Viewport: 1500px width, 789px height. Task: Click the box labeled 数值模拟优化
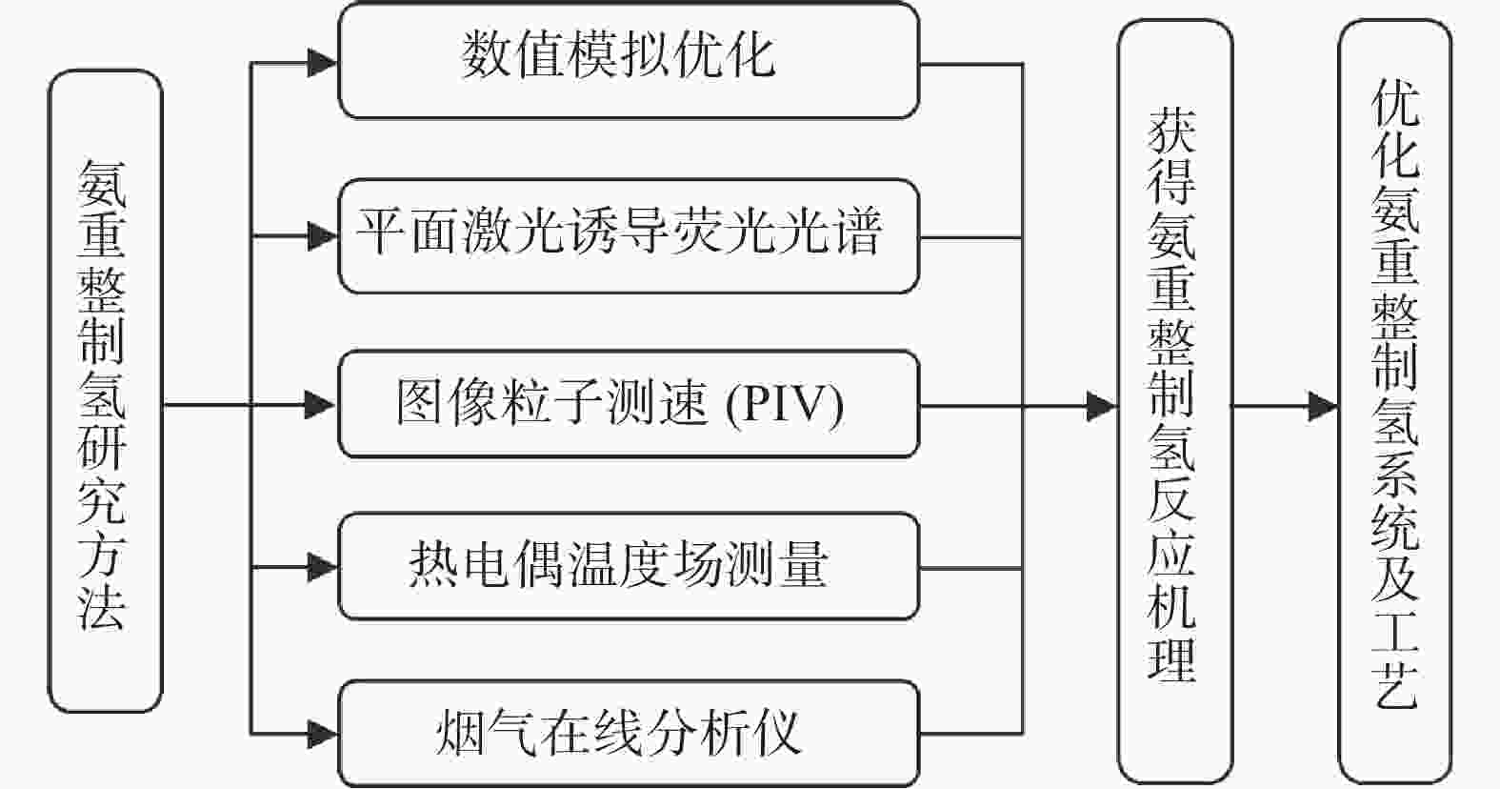pos(629,61)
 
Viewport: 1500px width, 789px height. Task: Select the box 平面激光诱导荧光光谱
pos(629,236)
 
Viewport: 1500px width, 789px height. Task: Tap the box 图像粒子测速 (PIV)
pos(629,405)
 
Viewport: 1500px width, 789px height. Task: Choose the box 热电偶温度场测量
pos(629,567)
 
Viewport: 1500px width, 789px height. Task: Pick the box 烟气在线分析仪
pos(629,734)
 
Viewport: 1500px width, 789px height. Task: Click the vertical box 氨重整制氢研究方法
pos(105,391)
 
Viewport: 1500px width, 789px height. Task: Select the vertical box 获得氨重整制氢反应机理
pos(1176,401)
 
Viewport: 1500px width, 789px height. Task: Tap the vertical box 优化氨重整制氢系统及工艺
pos(1395,401)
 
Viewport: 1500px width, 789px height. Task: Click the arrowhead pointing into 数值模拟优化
pos(323,64)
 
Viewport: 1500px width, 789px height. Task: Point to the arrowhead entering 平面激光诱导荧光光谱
pos(323,236)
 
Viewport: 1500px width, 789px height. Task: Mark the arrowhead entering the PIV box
pos(321,405)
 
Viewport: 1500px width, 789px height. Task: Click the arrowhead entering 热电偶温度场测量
pos(323,567)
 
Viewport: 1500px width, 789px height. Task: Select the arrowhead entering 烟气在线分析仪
pos(323,735)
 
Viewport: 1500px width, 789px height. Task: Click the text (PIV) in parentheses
pos(785,405)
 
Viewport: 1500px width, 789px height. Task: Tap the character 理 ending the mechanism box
pos(1171,659)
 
